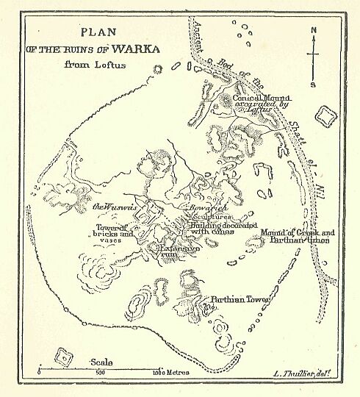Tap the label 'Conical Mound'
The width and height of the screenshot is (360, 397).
(x=262, y=97)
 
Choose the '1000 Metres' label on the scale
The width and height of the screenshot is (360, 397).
(x=172, y=373)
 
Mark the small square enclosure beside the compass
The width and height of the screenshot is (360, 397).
(x=324, y=115)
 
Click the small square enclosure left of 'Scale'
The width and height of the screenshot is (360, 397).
(x=65, y=359)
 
